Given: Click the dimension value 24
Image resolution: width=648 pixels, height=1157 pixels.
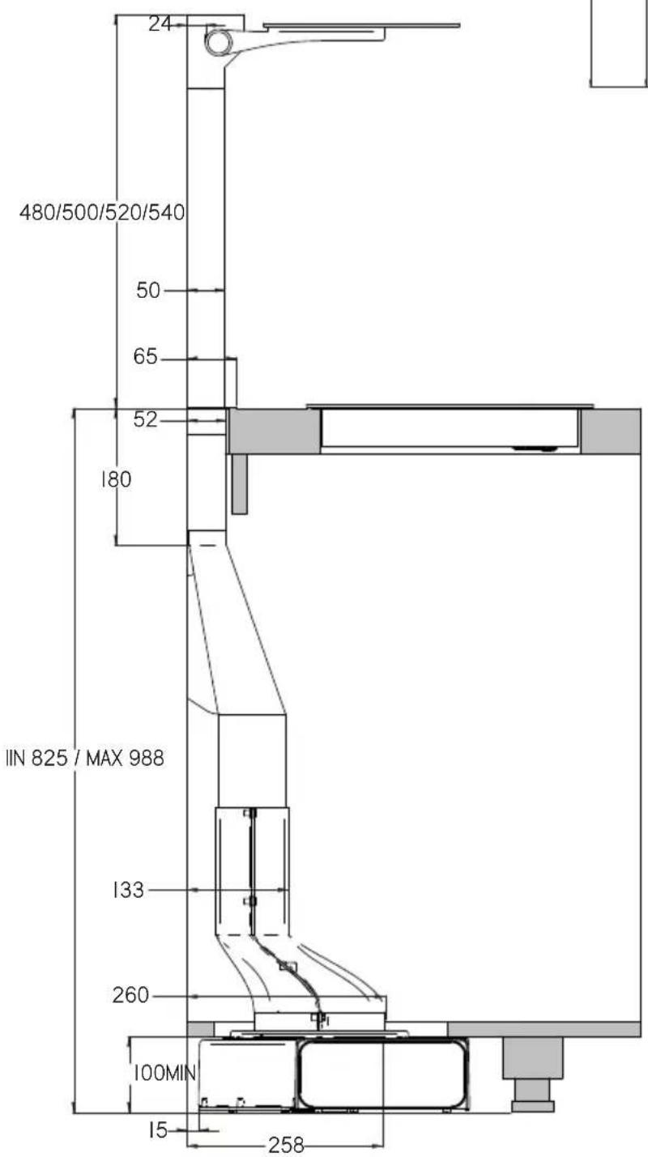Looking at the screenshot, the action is [160, 23].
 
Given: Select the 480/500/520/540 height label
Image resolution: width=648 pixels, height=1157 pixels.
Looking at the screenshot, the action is [102, 212].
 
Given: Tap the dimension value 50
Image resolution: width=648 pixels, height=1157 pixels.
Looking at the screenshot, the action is [148, 291].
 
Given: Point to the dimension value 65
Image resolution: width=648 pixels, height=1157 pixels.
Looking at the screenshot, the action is [145, 356].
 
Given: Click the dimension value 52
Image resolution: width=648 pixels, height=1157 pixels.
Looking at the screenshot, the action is [145, 419].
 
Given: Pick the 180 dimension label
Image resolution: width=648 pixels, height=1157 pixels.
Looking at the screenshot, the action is [117, 479].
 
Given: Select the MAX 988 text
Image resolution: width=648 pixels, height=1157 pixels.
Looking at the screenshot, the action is [125, 758].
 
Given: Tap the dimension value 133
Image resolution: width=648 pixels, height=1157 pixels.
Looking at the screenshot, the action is [128, 890].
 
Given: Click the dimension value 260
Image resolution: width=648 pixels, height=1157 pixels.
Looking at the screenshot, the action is [130, 995].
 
